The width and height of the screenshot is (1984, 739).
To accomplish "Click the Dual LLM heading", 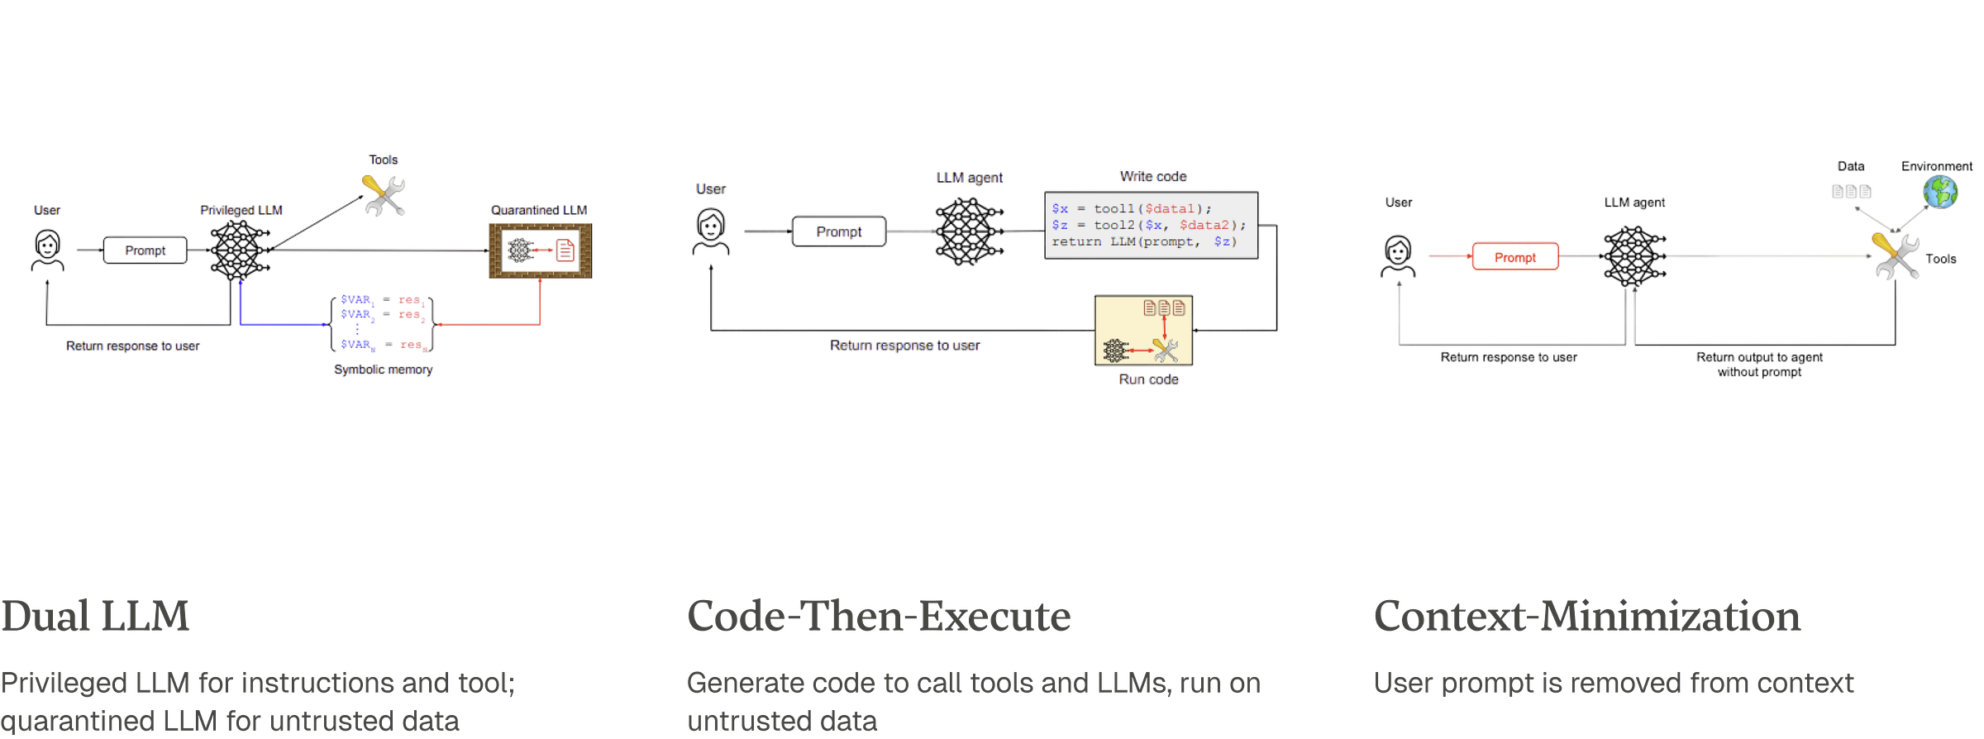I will [x=95, y=617].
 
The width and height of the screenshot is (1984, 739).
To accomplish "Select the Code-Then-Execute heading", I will [x=878, y=617].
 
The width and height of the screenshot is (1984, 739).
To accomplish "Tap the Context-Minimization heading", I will [x=1586, y=617].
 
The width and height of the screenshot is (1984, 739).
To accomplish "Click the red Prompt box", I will [x=1514, y=257].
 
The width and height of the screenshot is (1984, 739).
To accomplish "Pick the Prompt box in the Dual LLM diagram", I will [x=145, y=250].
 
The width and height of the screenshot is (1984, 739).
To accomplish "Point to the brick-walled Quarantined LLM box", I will [x=539, y=250].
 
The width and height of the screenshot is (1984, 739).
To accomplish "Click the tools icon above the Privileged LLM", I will [x=384, y=196].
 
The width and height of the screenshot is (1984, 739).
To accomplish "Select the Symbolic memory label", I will [x=384, y=369].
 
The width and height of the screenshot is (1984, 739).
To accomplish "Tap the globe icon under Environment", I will [x=1939, y=193].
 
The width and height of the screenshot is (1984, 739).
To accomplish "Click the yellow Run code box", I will [x=1143, y=331].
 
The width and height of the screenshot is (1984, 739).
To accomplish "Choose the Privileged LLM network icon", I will [x=239, y=250].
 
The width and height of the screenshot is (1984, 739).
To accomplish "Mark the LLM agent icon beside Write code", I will [x=967, y=231].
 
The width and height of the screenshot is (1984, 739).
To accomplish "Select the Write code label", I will [x=1152, y=176].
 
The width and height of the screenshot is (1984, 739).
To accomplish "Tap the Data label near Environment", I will [x=1850, y=166].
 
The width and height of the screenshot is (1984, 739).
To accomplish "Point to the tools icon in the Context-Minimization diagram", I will [x=1895, y=255].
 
